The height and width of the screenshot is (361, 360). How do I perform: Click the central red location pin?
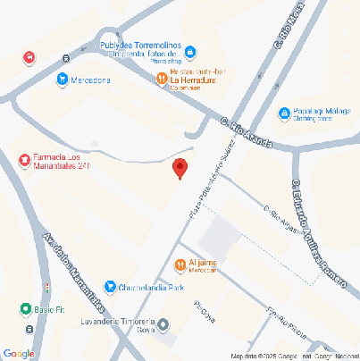[180, 168]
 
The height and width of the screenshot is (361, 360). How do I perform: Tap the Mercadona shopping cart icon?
[61, 80]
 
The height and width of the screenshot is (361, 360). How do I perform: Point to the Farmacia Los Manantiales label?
[63, 159]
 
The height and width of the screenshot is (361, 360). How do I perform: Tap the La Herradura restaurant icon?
[161, 80]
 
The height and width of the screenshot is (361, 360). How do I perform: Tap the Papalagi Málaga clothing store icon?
[284, 113]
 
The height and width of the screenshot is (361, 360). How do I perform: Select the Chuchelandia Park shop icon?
[109, 287]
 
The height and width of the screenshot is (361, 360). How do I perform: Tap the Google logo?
[19, 353]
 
